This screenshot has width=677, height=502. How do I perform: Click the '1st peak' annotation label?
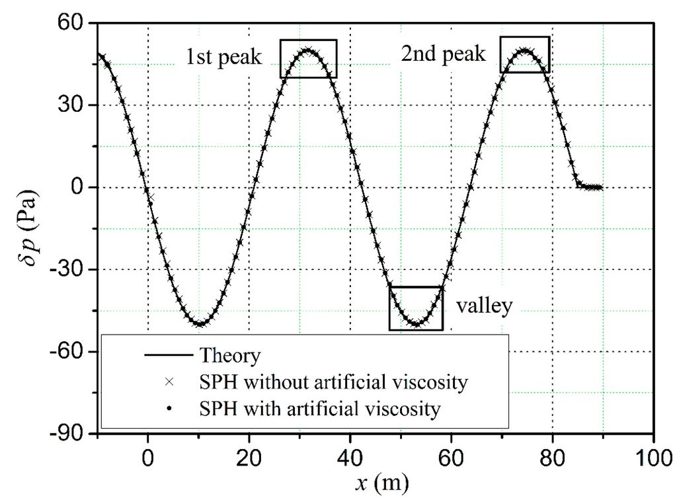pyautogui.click(x=224, y=58)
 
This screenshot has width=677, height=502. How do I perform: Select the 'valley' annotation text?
pyautogui.click(x=484, y=306)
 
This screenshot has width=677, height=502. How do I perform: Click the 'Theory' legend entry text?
pyautogui.click(x=229, y=356)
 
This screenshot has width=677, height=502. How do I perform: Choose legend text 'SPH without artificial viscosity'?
pyautogui.click(x=338, y=382)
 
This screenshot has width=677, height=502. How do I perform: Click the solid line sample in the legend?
pyautogui.click(x=169, y=356)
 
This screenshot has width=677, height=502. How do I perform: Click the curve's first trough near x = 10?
pyautogui.click(x=199, y=324)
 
